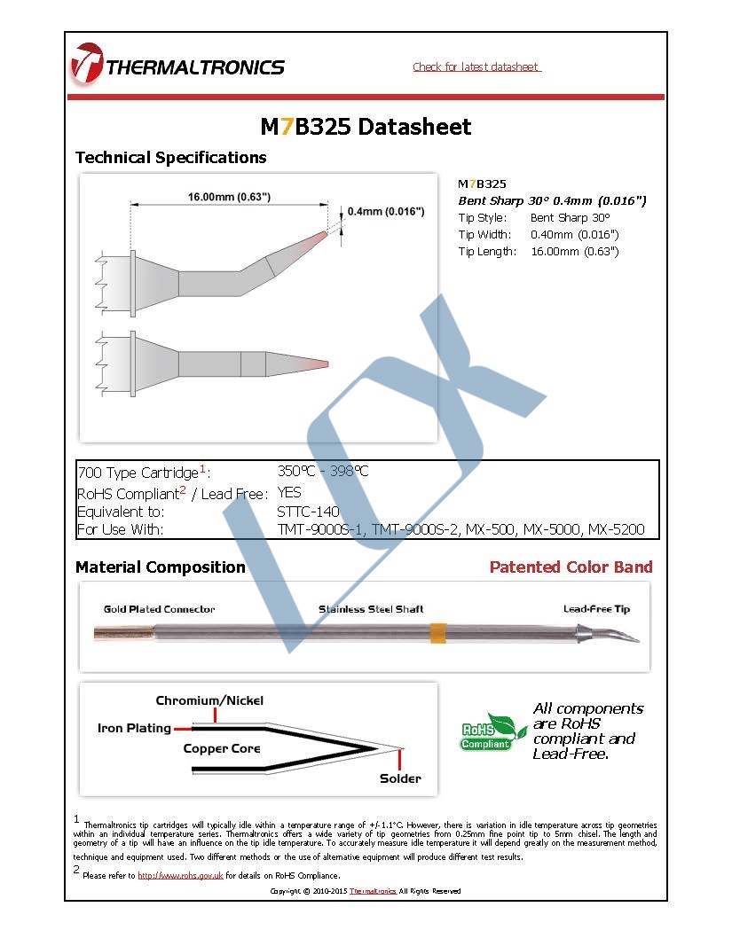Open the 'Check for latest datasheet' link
coord(476,67)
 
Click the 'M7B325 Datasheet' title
coord(366,127)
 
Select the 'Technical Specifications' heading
coord(170,158)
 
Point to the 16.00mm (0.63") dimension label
coord(229,197)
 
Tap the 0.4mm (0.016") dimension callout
coord(389,211)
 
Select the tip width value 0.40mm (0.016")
coord(574,235)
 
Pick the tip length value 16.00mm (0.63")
coord(574,252)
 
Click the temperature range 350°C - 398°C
coord(323,472)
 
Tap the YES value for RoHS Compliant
coord(289,492)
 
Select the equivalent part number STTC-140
coord(308,512)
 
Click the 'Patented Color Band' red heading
coord(571,567)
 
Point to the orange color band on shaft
coord(437,633)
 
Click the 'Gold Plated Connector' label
coord(159,609)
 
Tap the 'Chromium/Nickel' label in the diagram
coord(209,701)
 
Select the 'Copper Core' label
coord(222,749)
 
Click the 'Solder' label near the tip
coord(400,779)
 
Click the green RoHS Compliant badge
coord(487,731)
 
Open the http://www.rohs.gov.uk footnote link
coord(179,876)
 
